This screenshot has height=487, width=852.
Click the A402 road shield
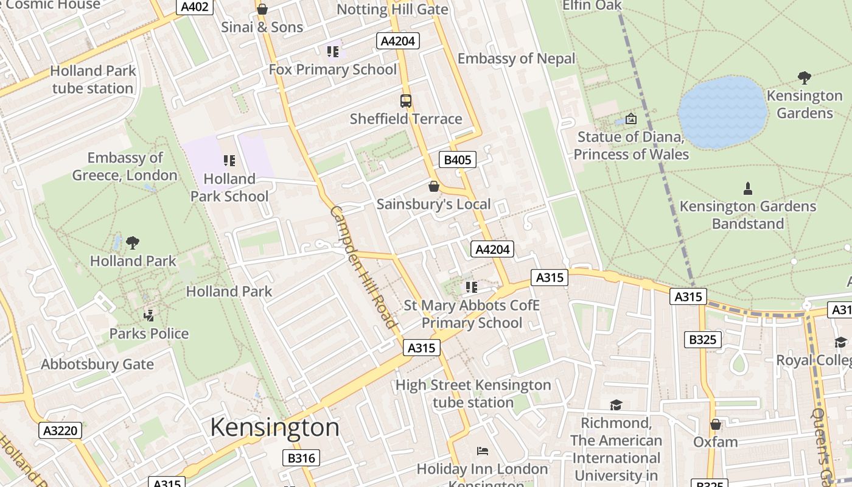pos(195,7)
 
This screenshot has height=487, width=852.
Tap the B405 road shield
pos(457,159)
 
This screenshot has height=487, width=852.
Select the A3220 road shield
pos(61,431)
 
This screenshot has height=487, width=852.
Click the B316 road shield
pos(301,458)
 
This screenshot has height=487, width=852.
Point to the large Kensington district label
pos(274,427)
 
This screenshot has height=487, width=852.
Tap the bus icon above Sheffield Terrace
pos(406,101)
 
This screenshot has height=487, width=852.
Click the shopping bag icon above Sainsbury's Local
pos(434,186)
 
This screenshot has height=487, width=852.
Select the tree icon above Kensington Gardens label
pos(804,78)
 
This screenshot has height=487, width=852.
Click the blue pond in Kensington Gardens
pos(722,112)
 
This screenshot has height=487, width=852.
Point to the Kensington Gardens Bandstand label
pos(747,215)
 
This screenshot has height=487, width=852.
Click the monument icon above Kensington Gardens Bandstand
pos(748,189)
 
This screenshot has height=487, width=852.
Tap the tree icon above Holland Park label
pos(133,243)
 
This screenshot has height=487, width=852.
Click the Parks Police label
pos(149,334)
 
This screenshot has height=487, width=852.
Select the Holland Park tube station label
pos(93,79)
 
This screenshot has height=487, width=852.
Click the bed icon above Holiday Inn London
pos(482,451)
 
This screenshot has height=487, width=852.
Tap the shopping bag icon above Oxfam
pos(716,424)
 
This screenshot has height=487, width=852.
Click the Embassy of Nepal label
pos(516,58)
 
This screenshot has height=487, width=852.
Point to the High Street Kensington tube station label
pos(473,393)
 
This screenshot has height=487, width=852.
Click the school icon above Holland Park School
pos(229,161)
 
